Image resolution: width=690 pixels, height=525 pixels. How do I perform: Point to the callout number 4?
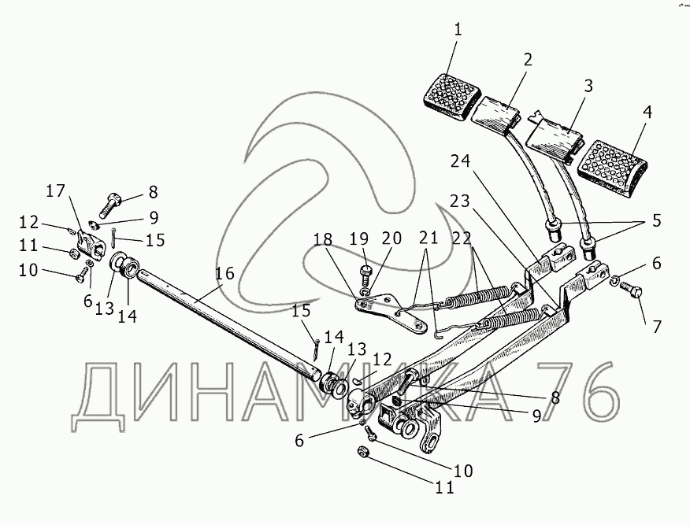[x=647, y=113]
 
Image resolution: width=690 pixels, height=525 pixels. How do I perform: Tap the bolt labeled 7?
[x=632, y=294]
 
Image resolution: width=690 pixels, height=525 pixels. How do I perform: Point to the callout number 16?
[x=224, y=273]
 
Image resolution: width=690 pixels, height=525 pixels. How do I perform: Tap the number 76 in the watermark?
[x=574, y=391]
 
